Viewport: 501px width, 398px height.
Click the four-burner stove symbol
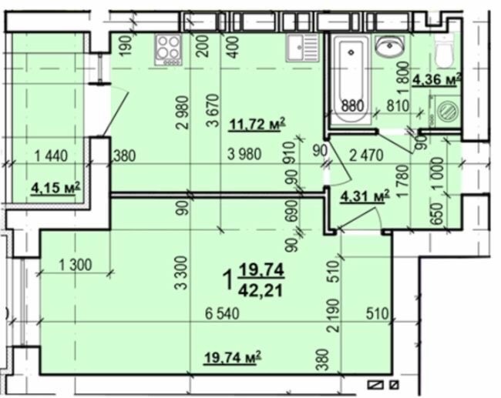coord(168,50)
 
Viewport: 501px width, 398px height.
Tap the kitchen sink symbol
coord(302,48)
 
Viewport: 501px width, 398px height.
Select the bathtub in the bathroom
coord(351,79)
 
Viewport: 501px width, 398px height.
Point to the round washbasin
coord(390,46)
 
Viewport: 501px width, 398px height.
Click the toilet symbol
coord(444,52)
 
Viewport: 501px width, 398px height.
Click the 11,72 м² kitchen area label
coord(257,125)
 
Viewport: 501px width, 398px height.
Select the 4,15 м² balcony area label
coord(55,188)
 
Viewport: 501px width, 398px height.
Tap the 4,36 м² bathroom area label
coord(437,80)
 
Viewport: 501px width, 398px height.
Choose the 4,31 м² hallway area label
coord(365,196)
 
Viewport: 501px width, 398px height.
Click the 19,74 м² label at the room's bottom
coord(233,357)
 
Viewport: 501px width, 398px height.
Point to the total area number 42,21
coord(261,291)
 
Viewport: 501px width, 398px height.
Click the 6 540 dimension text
coord(222,314)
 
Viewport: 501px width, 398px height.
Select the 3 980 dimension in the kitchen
coord(244,155)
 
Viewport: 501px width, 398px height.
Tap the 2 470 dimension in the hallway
coord(366,156)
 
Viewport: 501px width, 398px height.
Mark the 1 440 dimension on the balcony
coord(51,156)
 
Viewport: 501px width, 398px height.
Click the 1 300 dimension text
coord(76,265)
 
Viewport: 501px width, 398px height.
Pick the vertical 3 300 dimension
coord(181,273)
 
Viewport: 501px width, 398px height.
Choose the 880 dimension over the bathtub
coord(352,105)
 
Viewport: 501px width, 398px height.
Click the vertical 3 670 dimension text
coord(213,110)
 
